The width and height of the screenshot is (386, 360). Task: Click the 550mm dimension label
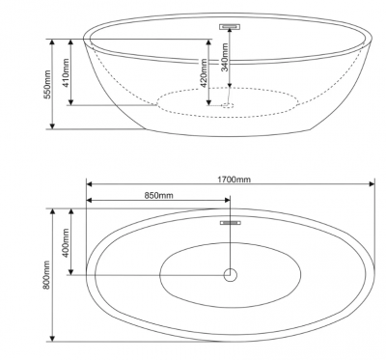47,85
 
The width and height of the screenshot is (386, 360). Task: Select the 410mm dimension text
66,73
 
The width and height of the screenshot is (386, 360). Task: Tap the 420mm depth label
203,73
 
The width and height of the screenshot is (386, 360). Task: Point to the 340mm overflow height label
225,57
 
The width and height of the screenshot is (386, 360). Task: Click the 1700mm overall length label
234,180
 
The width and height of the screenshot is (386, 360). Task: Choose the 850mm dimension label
158,195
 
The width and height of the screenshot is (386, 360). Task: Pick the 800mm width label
47,275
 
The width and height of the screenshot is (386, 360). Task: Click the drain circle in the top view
231,275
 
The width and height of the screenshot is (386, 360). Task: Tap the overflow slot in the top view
231,223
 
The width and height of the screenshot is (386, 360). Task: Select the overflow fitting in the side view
230,26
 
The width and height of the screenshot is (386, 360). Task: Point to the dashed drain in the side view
228,104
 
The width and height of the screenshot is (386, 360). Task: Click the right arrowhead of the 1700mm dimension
372,184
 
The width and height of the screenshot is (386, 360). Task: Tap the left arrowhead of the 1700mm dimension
90,184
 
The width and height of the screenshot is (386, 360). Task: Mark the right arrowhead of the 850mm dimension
227,200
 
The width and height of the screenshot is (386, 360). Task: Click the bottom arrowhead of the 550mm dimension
52,125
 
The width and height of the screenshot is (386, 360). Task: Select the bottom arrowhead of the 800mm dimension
52,338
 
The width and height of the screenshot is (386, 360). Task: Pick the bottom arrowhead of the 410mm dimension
71,101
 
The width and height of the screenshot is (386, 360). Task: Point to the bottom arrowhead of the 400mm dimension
71,271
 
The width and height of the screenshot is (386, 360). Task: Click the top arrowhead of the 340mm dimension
230,31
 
